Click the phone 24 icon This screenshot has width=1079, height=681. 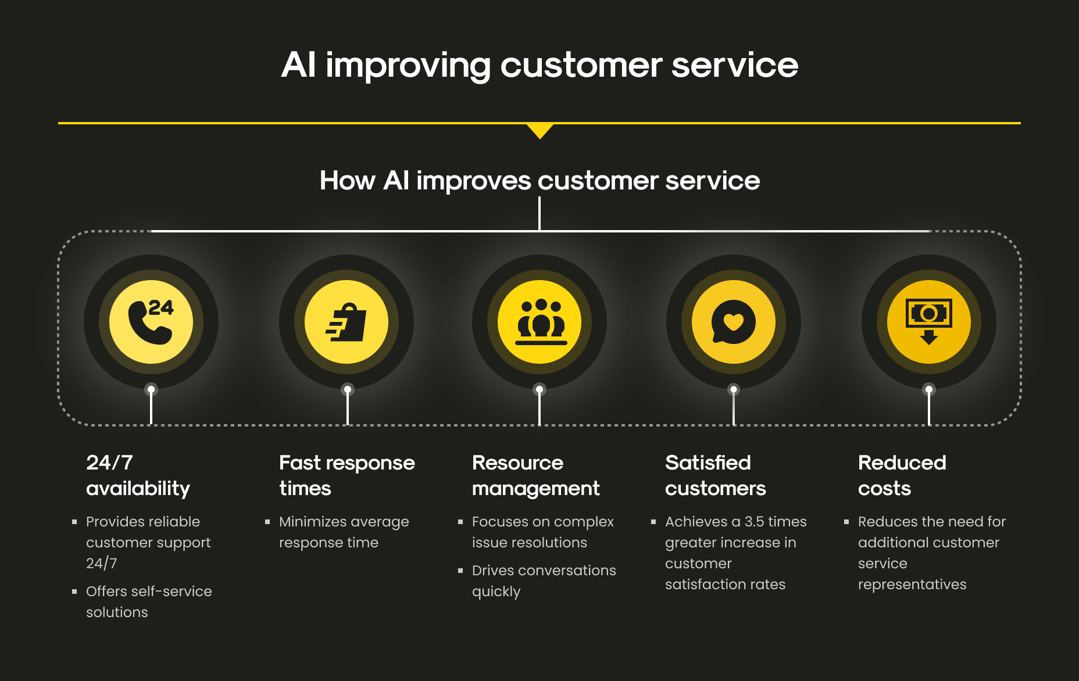pos(151,321)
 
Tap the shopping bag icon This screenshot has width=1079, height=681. pos(346,322)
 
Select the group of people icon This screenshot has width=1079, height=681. pos(541,322)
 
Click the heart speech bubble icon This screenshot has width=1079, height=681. pos(734,322)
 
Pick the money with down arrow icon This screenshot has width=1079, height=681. pos(929,321)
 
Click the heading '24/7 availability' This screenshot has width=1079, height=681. pos(138,475)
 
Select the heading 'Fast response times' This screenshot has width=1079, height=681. pos(347,475)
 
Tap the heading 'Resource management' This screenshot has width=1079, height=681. pos(535,475)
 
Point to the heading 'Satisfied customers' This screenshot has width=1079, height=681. pos(715,475)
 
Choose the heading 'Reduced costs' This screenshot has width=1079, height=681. pos(902,475)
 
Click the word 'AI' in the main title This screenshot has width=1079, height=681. pos(299,64)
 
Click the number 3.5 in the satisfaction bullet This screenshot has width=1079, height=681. pos(754,522)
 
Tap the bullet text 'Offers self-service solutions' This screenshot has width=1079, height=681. pos(149,601)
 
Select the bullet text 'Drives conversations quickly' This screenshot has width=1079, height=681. pos(544,580)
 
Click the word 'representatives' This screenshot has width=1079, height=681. pos(912,585)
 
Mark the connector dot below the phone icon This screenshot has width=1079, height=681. pos(151,389)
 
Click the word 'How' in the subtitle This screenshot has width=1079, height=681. pos(347,181)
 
